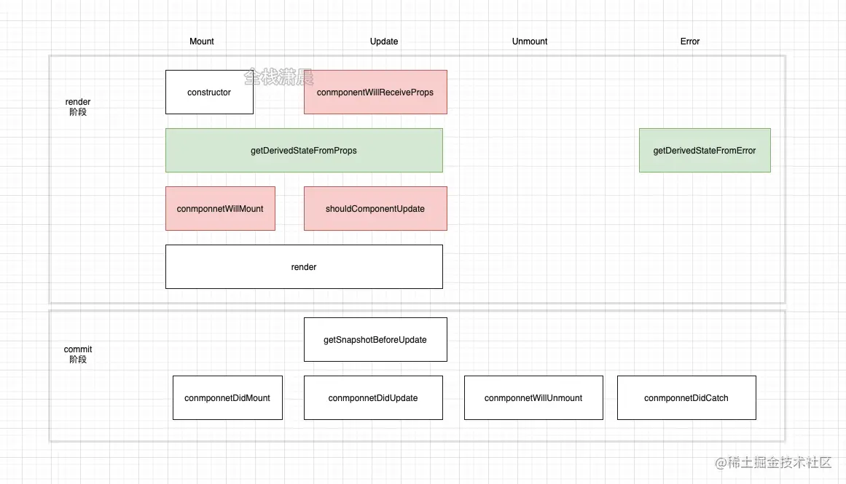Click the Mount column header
[x=202, y=41]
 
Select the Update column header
[x=384, y=41]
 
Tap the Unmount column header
[x=530, y=41]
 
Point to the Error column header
[x=690, y=41]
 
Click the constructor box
[x=209, y=92]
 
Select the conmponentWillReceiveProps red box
[x=375, y=92]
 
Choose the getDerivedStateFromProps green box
[x=304, y=151]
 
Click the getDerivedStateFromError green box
[x=705, y=151]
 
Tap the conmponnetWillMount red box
[x=220, y=209]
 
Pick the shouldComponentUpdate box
[x=375, y=209]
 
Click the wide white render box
[x=304, y=267]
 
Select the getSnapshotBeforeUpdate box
[x=375, y=340]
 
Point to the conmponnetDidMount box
[x=227, y=398]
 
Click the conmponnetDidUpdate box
[x=373, y=398]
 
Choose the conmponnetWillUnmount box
[x=533, y=398]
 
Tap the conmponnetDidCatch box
[x=686, y=398]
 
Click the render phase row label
[x=78, y=107]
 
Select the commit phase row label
[x=78, y=354]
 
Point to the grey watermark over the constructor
[x=278, y=76]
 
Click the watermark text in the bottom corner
[x=774, y=463]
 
